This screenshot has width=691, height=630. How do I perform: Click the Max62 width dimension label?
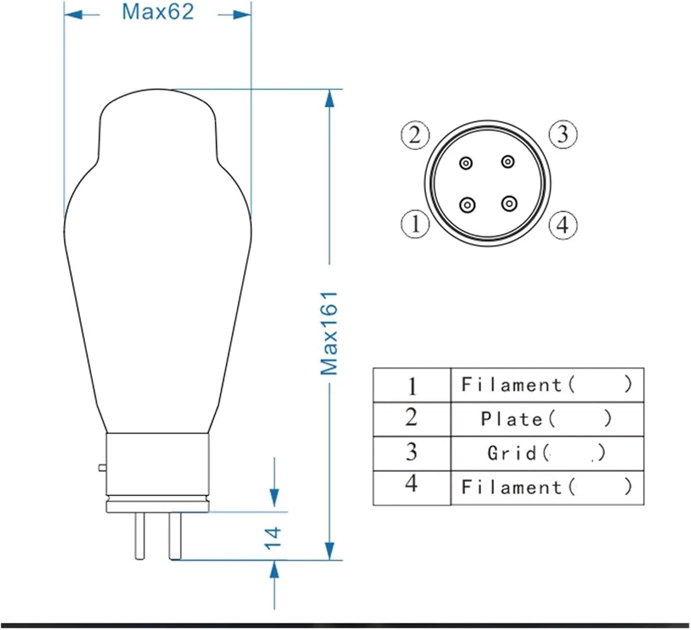[158, 12]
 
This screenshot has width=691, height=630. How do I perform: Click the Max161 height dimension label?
[329, 333]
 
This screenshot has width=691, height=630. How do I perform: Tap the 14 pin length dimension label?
[273, 537]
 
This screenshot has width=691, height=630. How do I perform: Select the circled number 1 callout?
[415, 224]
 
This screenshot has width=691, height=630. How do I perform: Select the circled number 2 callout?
[415, 135]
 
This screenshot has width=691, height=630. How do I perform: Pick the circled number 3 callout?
[563, 134]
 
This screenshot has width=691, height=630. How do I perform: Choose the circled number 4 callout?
[563, 225]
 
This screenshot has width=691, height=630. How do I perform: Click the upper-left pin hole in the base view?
[466, 163]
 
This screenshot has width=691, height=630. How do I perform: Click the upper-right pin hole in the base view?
[508, 162]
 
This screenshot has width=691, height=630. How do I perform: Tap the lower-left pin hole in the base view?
[468, 204]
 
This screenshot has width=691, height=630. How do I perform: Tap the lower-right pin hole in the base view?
[509, 203]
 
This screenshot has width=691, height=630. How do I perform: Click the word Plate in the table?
[512, 419]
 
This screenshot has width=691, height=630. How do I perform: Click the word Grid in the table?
[512, 453]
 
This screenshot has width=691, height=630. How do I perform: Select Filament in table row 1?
[512, 385]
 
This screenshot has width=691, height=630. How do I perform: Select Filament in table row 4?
[512, 487]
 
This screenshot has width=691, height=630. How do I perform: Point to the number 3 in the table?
[411, 452]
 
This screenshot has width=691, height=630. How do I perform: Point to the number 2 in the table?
[411, 417]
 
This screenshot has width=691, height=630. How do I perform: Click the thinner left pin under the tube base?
[140, 536]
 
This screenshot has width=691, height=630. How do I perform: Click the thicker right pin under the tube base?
[175, 536]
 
